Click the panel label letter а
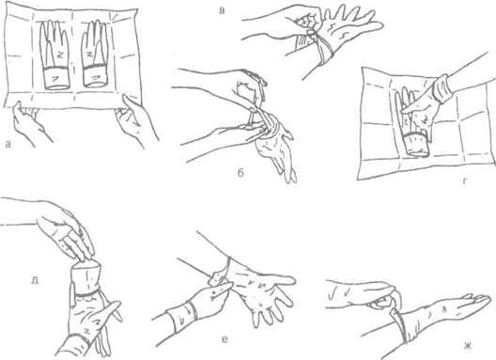(8, 145)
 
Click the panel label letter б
(240, 173)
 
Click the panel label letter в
(222, 10)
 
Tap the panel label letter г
(465, 181)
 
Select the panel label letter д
(35, 281)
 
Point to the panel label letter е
(225, 340)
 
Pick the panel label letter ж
(468, 346)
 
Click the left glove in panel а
(54, 55)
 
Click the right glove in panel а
(95, 54)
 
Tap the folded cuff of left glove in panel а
(56, 78)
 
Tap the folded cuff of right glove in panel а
(95, 76)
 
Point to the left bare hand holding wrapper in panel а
(29, 123)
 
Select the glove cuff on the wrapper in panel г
(416, 145)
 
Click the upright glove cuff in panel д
(85, 277)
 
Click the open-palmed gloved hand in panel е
(264, 290)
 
